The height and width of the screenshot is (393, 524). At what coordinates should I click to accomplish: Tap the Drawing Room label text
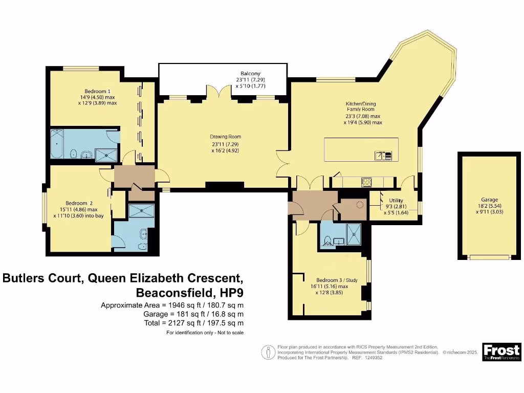click(225, 137)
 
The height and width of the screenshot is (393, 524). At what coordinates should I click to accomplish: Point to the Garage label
click(489, 200)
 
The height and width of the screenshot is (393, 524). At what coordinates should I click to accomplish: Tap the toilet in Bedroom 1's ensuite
click(74, 153)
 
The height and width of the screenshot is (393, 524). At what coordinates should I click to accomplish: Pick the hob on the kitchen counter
click(367, 182)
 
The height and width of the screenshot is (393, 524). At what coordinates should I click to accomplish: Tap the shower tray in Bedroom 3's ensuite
click(354, 233)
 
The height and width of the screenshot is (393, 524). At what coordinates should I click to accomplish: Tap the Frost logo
click(501, 352)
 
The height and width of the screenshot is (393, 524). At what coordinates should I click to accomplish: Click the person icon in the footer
click(266, 352)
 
